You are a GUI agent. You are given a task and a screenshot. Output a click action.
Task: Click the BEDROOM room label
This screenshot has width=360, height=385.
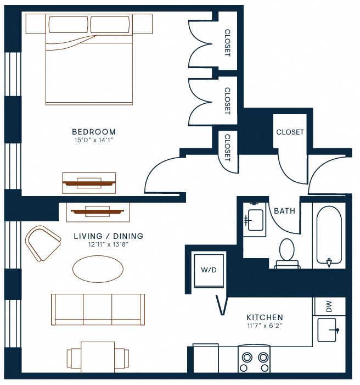[94, 132]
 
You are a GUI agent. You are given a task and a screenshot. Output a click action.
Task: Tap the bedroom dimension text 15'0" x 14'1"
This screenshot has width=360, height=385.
[94, 141]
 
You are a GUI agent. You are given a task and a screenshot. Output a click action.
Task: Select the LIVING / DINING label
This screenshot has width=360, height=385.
[108, 236]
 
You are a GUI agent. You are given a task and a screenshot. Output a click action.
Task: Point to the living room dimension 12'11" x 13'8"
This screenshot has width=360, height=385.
[108, 245]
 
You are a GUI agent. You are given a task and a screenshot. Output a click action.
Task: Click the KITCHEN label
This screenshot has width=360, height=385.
[265, 317]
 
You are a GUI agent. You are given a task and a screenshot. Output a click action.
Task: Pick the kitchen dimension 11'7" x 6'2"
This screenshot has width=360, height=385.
[265, 326]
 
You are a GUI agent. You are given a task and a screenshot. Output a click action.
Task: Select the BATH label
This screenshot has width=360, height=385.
[284, 211]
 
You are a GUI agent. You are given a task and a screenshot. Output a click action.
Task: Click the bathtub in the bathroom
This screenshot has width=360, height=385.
[329, 235]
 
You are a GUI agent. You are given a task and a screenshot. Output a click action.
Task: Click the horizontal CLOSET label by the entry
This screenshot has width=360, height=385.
[290, 132]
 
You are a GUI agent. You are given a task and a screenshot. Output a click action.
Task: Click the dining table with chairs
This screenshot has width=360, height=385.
[98, 356]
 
